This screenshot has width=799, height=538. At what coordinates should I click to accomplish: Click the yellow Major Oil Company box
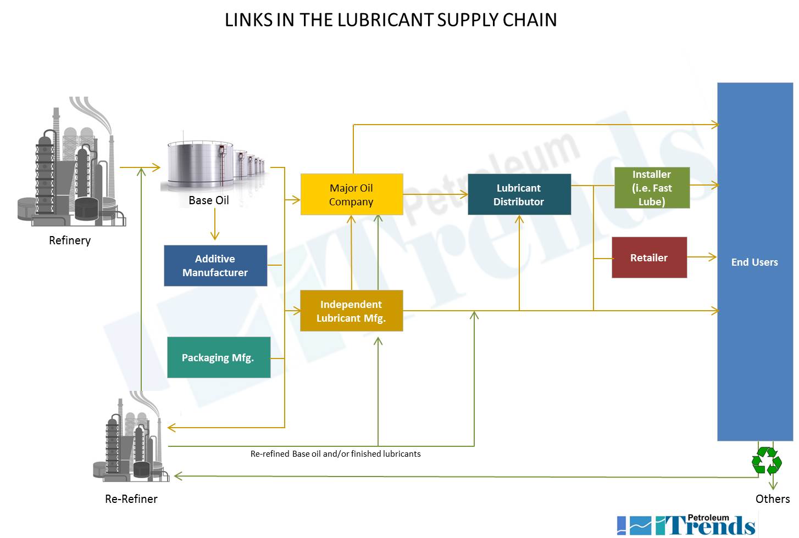(352, 194)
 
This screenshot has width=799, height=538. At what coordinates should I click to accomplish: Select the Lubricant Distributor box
(519, 194)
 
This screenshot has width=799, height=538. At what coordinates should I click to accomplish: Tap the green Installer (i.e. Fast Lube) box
(652, 188)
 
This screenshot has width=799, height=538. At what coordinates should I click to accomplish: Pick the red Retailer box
(649, 257)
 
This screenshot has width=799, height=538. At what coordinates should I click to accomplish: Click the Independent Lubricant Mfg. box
(351, 311)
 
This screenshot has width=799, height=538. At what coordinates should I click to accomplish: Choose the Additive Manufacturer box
(215, 266)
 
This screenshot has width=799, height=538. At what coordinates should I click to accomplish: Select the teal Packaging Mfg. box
(219, 357)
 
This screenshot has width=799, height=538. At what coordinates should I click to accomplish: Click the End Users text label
(754, 262)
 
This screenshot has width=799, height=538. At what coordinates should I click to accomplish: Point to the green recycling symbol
(767, 461)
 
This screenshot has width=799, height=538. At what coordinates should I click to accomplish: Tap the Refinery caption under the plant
(70, 240)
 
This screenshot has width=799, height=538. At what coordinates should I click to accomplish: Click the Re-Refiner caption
(131, 499)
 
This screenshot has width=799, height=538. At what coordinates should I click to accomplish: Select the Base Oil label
(209, 200)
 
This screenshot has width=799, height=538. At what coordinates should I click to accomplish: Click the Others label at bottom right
(772, 499)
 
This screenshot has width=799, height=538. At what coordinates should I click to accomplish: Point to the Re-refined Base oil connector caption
(335, 454)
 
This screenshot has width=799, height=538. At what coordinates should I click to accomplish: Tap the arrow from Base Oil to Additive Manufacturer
(215, 225)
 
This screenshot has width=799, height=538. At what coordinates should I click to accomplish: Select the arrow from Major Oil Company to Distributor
(435, 194)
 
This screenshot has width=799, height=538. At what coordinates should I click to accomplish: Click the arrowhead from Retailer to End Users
(712, 257)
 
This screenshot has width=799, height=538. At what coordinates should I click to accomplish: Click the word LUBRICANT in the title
(386, 20)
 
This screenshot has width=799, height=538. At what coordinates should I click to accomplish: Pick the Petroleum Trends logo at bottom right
(687, 524)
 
